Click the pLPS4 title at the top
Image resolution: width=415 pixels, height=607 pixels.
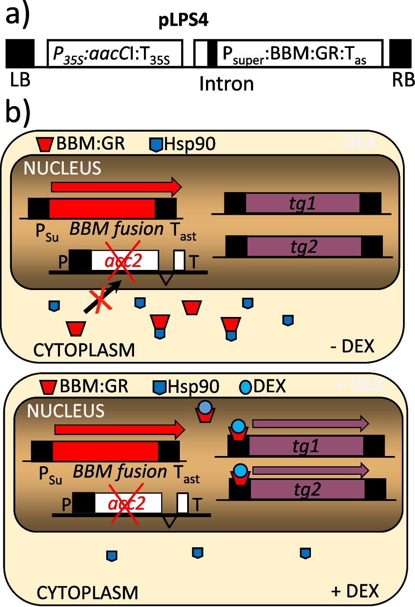click(x=183, y=20)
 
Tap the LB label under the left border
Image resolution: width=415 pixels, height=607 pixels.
click(x=20, y=80)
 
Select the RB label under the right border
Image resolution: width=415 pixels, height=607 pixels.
click(x=403, y=80)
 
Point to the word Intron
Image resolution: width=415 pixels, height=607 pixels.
click(x=226, y=84)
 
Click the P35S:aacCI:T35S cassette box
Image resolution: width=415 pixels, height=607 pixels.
click(x=115, y=54)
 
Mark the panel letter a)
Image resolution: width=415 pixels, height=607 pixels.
click(x=17, y=15)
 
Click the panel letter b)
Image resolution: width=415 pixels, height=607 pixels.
click(x=17, y=112)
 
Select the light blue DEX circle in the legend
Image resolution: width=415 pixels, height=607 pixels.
click(x=245, y=387)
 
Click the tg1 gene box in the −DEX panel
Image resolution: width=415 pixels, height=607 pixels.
click(x=302, y=203)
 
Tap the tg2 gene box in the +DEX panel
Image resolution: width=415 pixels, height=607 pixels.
click(x=307, y=489)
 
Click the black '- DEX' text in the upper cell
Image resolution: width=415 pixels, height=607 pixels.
click(x=352, y=346)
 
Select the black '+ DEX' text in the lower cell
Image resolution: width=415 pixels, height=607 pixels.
click(x=355, y=591)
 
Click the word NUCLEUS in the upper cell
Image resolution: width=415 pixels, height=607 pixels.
click(x=63, y=169)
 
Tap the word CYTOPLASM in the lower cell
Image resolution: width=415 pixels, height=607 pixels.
click(x=87, y=593)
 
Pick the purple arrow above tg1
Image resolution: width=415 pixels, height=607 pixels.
click(x=310, y=423)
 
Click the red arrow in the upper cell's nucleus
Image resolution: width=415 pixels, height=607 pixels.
click(x=116, y=187)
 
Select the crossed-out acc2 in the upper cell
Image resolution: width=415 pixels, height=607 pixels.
click(x=123, y=261)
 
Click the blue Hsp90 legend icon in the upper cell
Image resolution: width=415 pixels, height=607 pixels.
click(x=156, y=145)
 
